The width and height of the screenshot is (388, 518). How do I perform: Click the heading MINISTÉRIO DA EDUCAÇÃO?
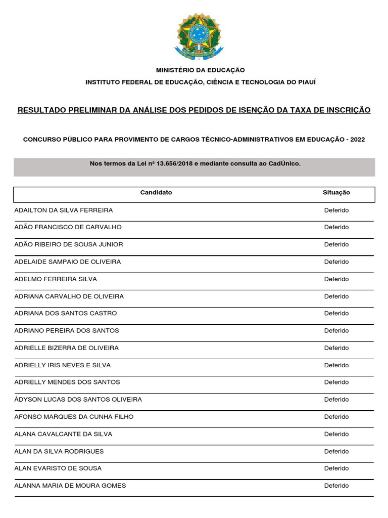pos(201,70)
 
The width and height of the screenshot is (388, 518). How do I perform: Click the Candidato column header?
pos(156,193)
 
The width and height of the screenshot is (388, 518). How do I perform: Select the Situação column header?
pos(336,193)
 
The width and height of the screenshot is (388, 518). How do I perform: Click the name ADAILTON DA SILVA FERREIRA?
pos(64,210)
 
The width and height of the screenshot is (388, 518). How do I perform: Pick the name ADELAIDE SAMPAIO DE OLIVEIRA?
pos(68,262)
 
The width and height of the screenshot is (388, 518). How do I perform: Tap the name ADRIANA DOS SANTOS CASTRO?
pos(66,313)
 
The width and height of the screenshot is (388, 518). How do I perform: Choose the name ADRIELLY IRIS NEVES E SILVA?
pos(63,365)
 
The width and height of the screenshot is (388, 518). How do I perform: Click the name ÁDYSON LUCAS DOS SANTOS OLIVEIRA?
pos(78,400)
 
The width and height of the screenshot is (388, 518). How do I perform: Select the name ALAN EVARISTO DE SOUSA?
pos(58,468)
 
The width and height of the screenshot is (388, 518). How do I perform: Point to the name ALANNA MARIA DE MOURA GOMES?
pos(70,486)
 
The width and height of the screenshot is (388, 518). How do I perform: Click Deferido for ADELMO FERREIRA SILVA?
pos(336,279)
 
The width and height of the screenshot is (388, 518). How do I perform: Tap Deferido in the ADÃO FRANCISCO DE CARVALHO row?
pos(336,227)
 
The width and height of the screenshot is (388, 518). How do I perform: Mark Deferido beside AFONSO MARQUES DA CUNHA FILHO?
pos(336,417)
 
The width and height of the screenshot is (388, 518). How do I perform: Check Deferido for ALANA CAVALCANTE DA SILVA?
pos(336,434)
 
